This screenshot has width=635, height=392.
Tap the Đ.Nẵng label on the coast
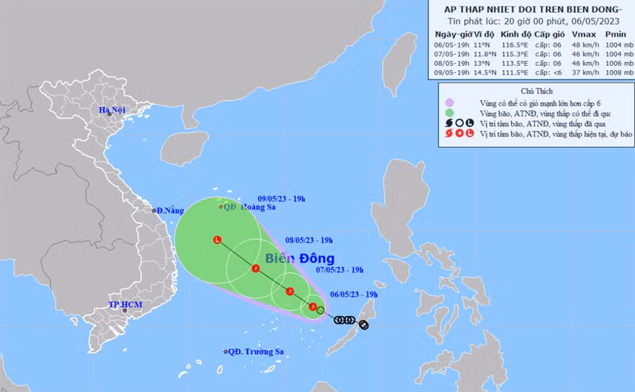170,210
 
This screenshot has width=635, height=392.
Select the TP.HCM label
125,306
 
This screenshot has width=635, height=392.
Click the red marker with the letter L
217,240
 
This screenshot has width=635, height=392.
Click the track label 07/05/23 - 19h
340,270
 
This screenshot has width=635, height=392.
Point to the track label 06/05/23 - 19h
354,294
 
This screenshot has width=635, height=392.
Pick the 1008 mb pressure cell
618,74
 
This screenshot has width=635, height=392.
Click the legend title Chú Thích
538,91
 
